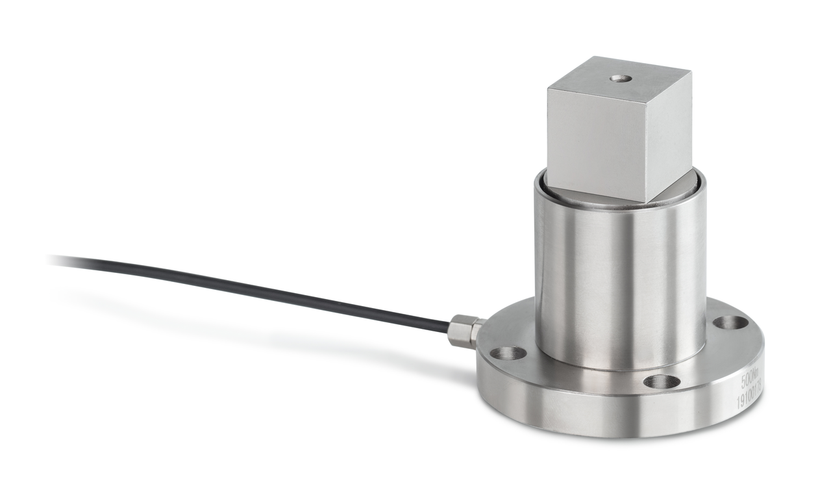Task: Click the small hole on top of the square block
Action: pyautogui.click(x=621, y=79)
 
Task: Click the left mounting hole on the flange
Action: pyautogui.click(x=508, y=354)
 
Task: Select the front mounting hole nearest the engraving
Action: pyautogui.click(x=662, y=381)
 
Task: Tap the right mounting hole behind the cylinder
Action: pyautogui.click(x=730, y=322)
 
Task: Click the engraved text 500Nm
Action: pyautogui.click(x=749, y=379)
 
